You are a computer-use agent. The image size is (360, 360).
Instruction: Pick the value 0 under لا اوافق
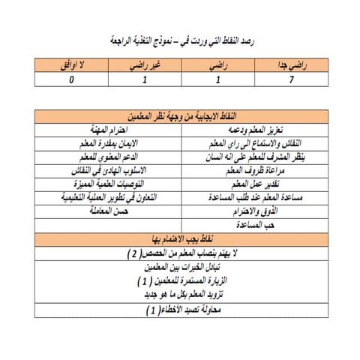coord(71,78)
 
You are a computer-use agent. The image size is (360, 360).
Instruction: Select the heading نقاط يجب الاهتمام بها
coord(179,239)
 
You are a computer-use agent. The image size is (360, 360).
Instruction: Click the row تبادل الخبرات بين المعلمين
coord(179,268)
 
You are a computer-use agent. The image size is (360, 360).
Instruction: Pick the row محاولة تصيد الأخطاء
coord(179,308)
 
